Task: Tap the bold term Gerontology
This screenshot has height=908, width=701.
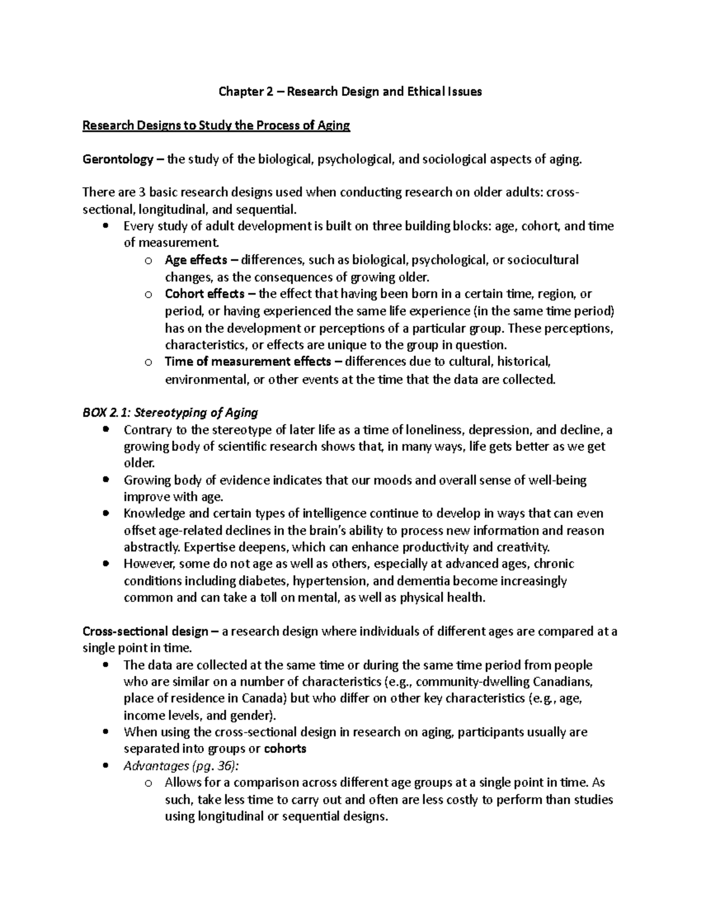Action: pyautogui.click(x=117, y=160)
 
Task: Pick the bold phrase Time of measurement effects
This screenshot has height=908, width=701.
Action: pyautogui.click(x=248, y=361)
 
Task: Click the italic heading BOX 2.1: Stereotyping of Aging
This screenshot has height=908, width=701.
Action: pyautogui.click(x=170, y=413)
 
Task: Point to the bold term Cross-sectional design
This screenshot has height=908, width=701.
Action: pyautogui.click(x=145, y=632)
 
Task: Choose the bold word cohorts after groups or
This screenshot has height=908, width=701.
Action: pyautogui.click(x=285, y=749)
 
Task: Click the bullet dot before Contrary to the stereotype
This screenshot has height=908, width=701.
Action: pyautogui.click(x=105, y=430)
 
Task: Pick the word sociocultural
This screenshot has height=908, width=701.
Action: pyautogui.click(x=543, y=260)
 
